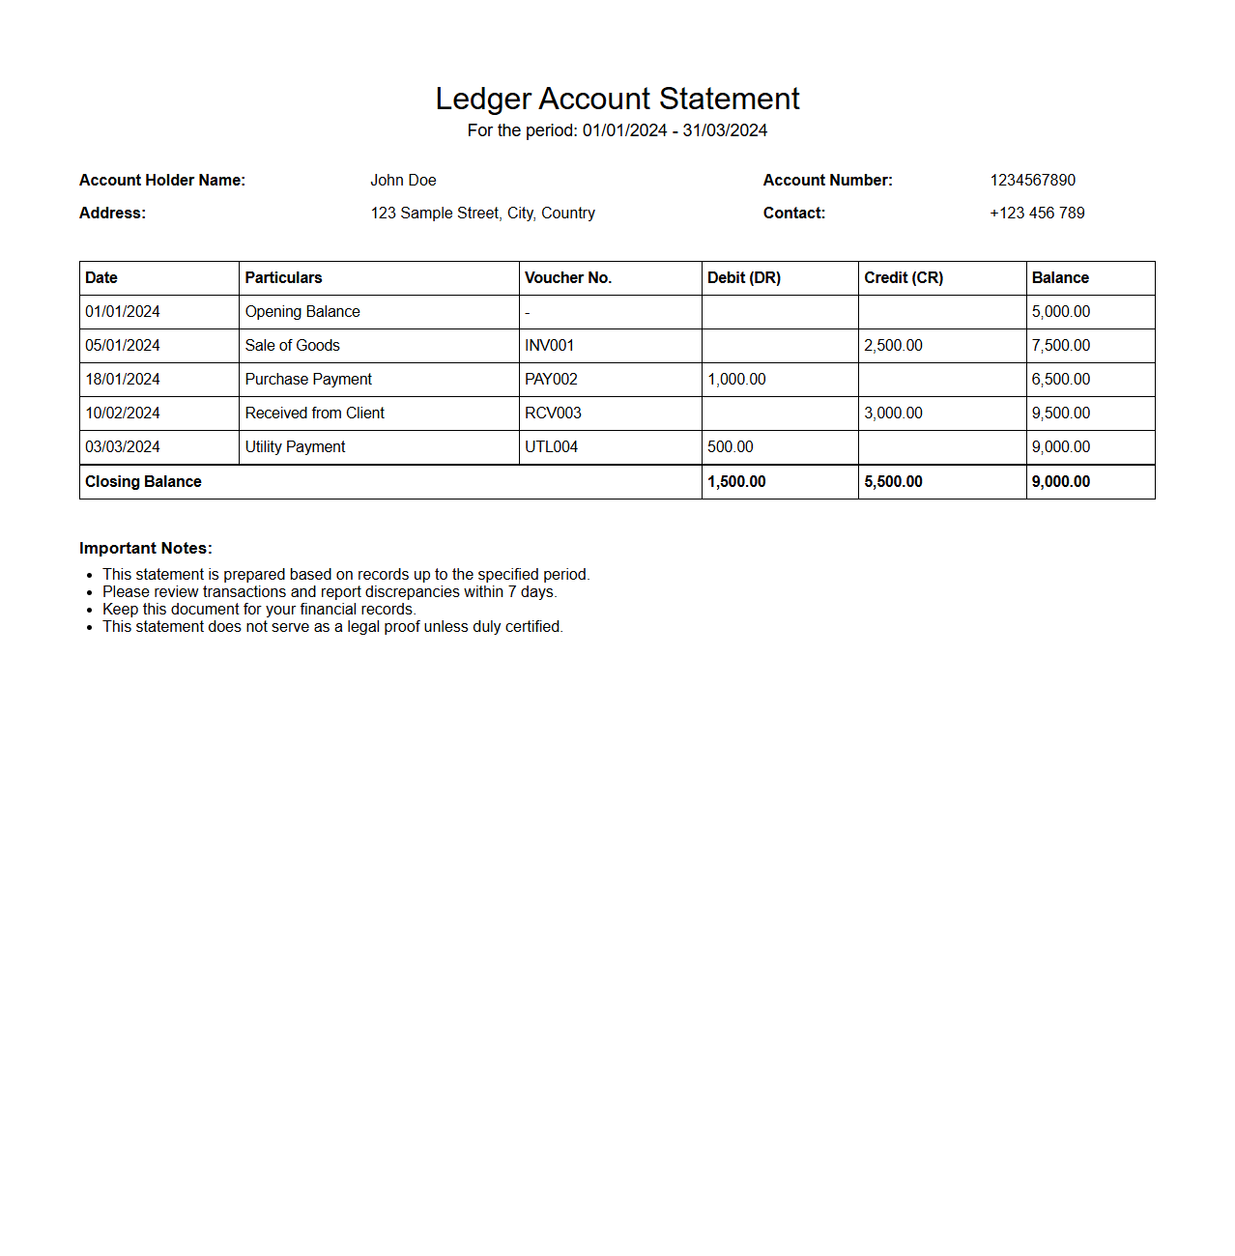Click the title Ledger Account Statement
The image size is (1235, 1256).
coord(617,99)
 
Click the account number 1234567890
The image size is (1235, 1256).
coord(1032,181)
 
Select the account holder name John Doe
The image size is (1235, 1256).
coord(403,181)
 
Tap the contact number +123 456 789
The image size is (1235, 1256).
coord(1037,214)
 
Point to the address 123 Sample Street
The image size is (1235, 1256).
coord(482,214)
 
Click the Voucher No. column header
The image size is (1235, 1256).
coord(568,278)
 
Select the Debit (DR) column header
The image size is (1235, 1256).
coord(744,278)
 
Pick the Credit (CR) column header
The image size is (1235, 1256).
coord(904,278)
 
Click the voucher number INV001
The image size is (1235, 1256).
coord(549,346)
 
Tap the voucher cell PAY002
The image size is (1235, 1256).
coord(551,380)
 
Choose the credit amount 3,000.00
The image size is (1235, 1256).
coord(893,414)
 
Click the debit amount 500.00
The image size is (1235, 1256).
coord(731,447)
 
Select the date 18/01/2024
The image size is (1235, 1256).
coord(123,380)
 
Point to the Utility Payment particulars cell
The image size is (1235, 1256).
coord(295,447)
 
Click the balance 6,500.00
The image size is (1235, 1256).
coord(1061,380)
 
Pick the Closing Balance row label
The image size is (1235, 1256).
coord(143,482)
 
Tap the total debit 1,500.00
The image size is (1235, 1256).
coord(736,482)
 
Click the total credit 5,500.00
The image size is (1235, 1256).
coord(893,482)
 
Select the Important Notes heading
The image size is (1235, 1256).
coord(146,549)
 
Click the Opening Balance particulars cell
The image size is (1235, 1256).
coord(302,312)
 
